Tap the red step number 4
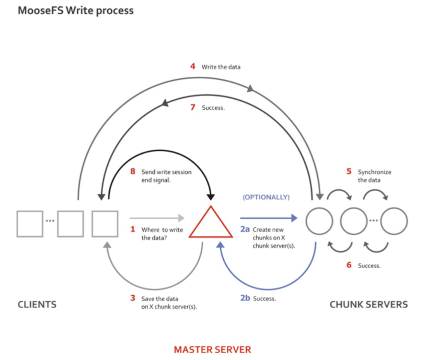click(x=193, y=67)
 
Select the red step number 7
click(x=193, y=107)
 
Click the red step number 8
click(x=132, y=172)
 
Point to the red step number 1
click(x=132, y=229)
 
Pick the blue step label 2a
click(x=245, y=229)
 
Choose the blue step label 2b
click(x=245, y=298)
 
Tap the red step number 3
click(x=132, y=298)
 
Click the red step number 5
click(x=349, y=172)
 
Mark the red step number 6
click(x=349, y=265)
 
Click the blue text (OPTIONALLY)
click(x=267, y=197)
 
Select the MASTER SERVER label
click(x=212, y=349)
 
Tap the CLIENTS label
click(x=37, y=304)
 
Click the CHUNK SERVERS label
click(x=369, y=304)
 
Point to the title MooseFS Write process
click(x=75, y=11)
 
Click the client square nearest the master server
click(x=105, y=224)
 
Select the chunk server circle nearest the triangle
click(x=319, y=221)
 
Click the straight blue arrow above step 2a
click(x=268, y=218)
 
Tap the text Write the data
click(x=221, y=67)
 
